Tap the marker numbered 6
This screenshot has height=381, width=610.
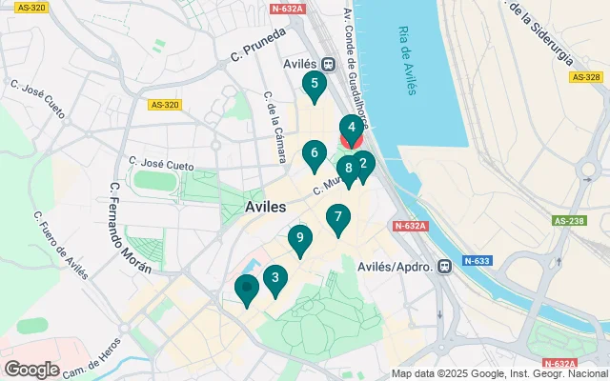pyautogui.click(x=314, y=154)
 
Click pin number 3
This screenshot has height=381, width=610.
pyautogui.click(x=275, y=279)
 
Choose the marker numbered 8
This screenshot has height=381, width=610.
pyautogui.click(x=348, y=170)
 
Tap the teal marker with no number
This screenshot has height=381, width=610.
pyautogui.click(x=247, y=288)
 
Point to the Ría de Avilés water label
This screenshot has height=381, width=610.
pyautogui.click(x=406, y=59)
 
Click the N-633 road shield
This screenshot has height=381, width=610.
pyautogui.click(x=478, y=260)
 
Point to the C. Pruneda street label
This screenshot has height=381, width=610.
pyautogui.click(x=258, y=59)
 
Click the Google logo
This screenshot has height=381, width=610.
pyautogui.click(x=32, y=369)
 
